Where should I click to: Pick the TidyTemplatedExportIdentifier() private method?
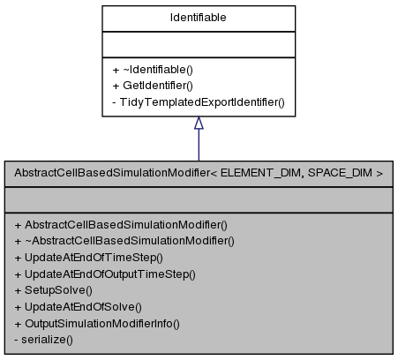tap(202, 102)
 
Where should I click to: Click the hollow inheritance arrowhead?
tap(198, 126)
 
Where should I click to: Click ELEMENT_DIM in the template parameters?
tap(270, 173)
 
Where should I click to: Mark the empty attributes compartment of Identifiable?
tap(198, 43)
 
